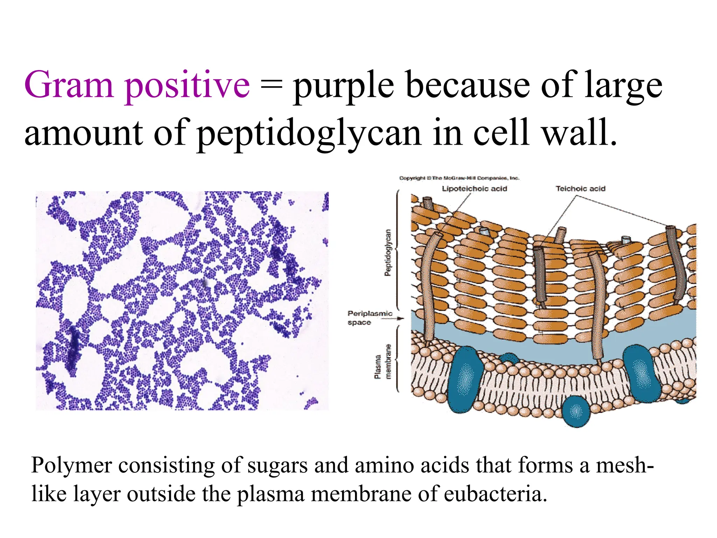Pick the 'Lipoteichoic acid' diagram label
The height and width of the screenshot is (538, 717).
[474, 189]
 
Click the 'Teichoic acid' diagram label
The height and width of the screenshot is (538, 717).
[580, 189]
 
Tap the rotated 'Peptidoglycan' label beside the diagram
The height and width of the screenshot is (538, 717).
[388, 253]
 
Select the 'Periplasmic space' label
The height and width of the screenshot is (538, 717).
[369, 318]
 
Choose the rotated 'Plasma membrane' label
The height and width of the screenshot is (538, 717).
[383, 361]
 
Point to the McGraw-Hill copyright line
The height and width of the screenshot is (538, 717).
[459, 178]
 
